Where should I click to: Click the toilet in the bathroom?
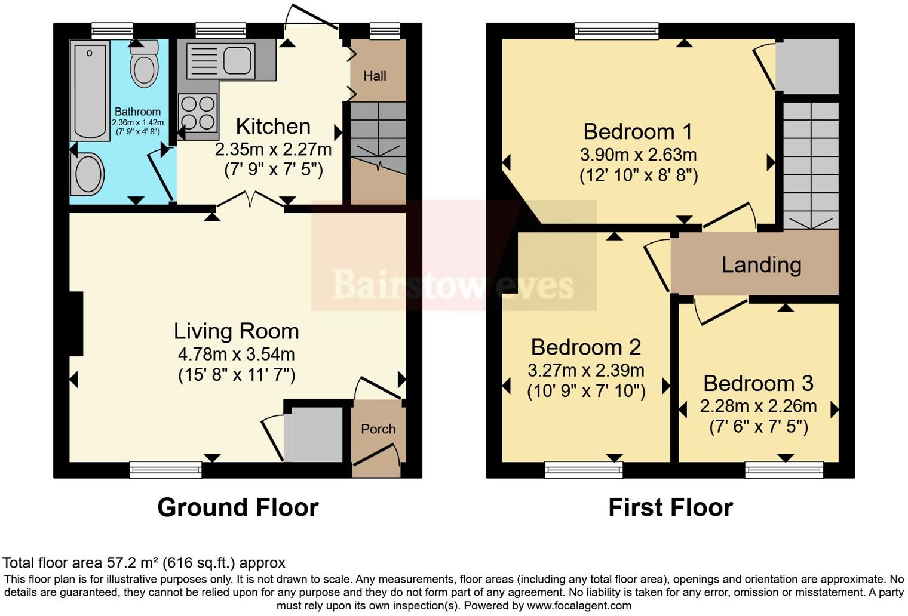click(144, 64)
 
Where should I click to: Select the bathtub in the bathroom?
click(90, 90)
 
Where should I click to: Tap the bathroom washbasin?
click(88, 174)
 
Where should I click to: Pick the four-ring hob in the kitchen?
click(198, 113)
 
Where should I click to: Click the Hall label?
click(375, 76)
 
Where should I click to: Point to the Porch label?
click(378, 429)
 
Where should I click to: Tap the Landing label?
click(761, 264)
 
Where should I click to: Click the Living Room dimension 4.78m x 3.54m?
click(237, 354)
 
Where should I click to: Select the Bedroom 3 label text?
click(758, 383)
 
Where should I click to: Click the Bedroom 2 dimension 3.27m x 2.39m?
click(585, 370)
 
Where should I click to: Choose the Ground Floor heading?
click(238, 507)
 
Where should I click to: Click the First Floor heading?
click(670, 507)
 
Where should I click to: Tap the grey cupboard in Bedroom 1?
click(807, 66)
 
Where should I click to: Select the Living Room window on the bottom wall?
click(165, 470)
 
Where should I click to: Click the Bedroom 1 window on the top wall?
click(616, 31)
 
